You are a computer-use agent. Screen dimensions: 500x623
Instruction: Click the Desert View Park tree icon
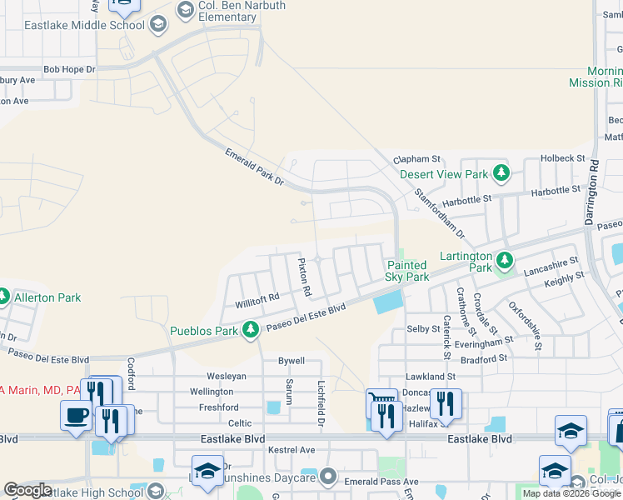(501, 173)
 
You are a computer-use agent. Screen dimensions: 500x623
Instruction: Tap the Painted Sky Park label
(407, 271)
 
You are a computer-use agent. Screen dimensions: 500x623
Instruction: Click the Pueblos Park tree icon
(250, 331)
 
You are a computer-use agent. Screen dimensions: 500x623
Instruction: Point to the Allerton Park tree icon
(4, 297)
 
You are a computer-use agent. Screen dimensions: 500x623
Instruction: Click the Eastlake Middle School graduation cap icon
(157, 25)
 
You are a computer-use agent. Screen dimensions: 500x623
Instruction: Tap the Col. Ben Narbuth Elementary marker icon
(186, 11)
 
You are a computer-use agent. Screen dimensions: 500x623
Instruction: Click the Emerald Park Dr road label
(254, 167)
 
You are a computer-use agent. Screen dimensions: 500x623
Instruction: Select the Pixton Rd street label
(305, 277)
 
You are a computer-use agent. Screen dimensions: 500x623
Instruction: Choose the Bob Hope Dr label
(70, 70)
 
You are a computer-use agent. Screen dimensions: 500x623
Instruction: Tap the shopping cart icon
(382, 405)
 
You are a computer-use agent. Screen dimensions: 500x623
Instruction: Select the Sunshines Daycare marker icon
(329, 477)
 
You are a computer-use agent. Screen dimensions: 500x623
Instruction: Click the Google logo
(27, 490)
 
